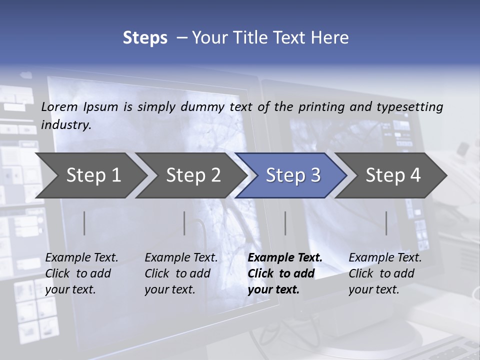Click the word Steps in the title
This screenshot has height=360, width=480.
(145, 38)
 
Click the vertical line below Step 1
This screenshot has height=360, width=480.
(84, 223)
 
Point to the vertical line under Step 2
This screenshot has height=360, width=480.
(184, 223)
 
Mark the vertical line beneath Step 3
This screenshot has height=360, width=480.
(285, 223)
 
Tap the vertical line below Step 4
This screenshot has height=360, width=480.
(386, 223)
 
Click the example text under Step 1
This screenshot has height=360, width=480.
(81, 273)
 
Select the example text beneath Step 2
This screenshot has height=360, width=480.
(181, 273)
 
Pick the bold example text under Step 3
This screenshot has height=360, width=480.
(285, 273)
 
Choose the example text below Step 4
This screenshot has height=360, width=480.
(385, 273)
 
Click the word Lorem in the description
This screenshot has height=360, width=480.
(59, 106)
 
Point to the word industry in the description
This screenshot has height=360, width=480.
(66, 125)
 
